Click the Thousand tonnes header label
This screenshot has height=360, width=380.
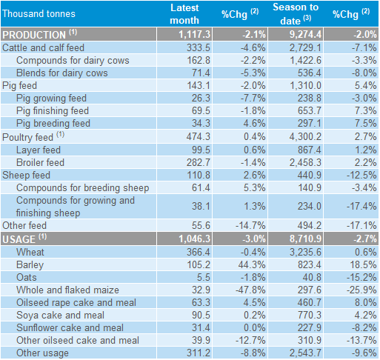point(39,13)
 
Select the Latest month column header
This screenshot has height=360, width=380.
point(184,14)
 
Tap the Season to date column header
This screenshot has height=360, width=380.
point(296,14)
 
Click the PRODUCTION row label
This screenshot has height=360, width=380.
point(39,34)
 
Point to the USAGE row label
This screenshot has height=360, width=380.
point(24,239)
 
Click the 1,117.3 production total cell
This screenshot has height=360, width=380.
point(194,34)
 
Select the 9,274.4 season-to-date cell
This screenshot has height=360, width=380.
point(305,34)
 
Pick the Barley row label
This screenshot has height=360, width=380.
point(30,265)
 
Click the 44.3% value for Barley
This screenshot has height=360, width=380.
point(252,264)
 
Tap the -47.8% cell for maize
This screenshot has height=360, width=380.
point(250,290)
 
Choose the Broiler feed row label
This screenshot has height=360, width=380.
point(40,162)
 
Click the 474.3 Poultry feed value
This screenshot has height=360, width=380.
point(199,136)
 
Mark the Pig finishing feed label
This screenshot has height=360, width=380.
point(53,111)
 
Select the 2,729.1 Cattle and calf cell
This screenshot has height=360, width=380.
point(305,47)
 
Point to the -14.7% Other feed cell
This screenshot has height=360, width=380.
point(250,225)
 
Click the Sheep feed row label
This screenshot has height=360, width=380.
point(26,175)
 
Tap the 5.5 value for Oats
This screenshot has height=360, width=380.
point(204,277)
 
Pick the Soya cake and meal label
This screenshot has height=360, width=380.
point(60,315)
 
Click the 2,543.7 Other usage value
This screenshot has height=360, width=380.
point(305,353)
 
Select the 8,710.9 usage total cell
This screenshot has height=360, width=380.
point(305,239)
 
